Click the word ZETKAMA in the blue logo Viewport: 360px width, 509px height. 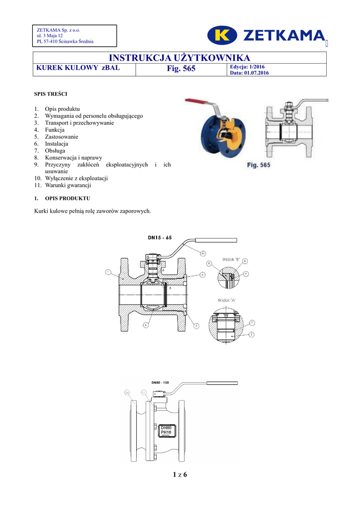point(283,35)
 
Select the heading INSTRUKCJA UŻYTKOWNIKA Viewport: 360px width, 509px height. point(180,58)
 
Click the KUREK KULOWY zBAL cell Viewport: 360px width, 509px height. point(77,68)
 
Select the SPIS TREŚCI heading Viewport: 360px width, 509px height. point(47,93)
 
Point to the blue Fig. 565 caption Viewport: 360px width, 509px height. point(259,165)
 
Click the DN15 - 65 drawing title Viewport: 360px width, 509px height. point(160,238)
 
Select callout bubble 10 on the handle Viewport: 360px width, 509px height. point(203,254)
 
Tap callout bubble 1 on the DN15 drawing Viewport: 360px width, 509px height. point(108,272)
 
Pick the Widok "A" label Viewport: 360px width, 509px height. point(227,300)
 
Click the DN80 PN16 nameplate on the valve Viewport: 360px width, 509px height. point(166,430)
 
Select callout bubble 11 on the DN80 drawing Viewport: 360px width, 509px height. point(144,393)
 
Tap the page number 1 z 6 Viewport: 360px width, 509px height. point(180,475)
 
